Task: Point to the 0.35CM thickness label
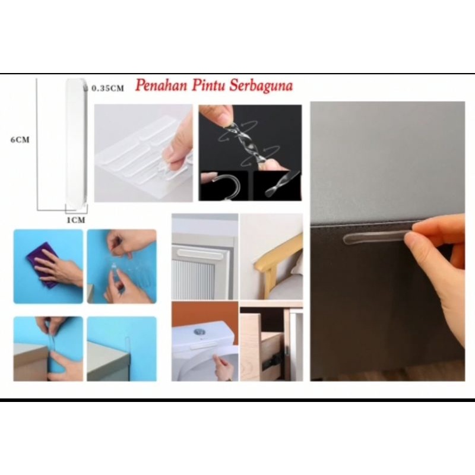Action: pos(108,88)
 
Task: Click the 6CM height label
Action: pos(20,140)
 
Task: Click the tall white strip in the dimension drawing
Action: pos(76,142)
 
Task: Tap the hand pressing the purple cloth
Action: pos(59,267)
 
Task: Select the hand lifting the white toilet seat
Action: pos(223,368)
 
